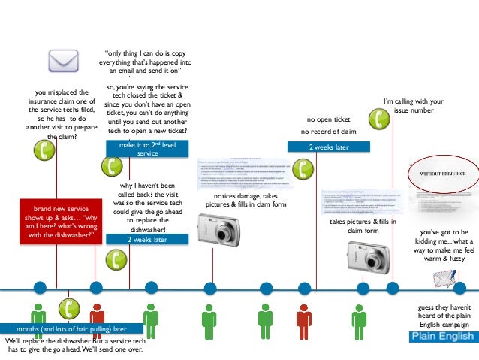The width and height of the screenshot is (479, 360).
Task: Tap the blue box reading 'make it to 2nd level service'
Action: click(147, 148)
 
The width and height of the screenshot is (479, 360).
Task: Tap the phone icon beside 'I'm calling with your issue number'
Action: click(381, 118)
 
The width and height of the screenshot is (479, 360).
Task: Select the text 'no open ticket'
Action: click(328, 119)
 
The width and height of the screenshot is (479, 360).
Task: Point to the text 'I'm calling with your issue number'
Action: click(414, 106)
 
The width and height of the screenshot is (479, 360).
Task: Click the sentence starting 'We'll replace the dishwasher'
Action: click(74, 345)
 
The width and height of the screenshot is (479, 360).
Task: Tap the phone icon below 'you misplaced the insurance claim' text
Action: click(47, 150)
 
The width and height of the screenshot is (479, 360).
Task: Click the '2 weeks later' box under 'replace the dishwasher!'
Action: click(147, 240)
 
